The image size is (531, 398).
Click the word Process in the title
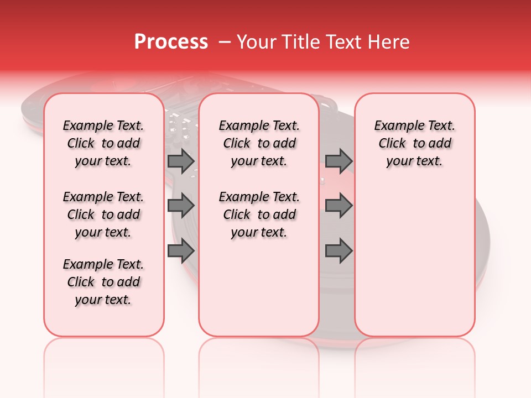click(171, 41)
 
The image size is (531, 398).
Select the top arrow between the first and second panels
click(181, 161)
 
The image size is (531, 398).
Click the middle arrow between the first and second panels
click(181, 206)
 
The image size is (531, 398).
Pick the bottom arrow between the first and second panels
click(181, 250)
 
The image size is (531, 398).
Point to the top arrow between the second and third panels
click(339, 161)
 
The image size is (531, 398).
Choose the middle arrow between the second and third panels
click(339, 206)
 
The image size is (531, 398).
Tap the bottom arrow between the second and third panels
click(339, 250)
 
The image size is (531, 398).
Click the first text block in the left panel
click(103, 143)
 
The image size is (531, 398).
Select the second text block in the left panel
click(103, 214)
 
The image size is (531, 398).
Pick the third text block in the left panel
click(103, 282)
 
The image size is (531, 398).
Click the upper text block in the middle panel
click(259, 143)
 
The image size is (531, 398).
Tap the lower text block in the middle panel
click(259, 214)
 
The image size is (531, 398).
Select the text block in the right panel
click(415, 143)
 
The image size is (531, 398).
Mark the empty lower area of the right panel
click(415, 260)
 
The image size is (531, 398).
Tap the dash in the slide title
click(225, 41)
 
